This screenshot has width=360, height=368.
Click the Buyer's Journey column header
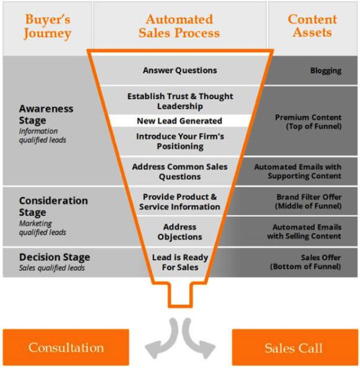pos(47,26)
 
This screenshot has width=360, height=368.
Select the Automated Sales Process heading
pos(179,26)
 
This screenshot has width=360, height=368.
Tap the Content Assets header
pos(312,26)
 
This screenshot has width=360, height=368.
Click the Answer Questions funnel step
pos(180,70)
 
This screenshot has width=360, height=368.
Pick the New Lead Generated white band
pos(179,121)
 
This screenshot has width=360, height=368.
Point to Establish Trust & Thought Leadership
pos(180,101)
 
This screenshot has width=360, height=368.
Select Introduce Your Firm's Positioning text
pos(180,141)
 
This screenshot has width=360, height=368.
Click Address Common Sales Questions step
pos(180,171)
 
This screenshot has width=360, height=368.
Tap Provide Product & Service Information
pos(180,202)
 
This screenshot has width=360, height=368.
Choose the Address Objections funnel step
pos(180,232)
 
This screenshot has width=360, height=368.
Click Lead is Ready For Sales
pos(180,262)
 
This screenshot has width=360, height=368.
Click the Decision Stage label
pos(54,257)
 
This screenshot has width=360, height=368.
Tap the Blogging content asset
pos(325,71)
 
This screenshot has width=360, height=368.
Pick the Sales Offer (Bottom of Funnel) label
pos(306,262)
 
